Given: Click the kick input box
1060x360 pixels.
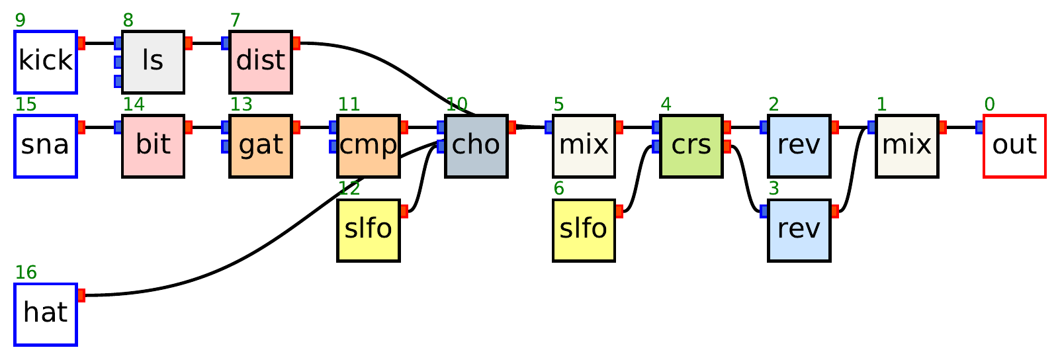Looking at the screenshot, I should click(x=46, y=62).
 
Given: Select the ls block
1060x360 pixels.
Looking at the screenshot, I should click(x=153, y=62).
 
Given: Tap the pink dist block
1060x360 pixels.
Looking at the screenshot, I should click(x=261, y=62).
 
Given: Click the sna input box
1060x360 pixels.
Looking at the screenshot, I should click(x=46, y=146).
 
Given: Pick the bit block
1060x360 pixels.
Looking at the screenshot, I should click(x=153, y=146).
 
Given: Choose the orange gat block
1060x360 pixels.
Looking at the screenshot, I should click(x=261, y=146).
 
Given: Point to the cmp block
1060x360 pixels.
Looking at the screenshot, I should click(x=369, y=146).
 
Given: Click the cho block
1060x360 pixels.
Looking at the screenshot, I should click(x=476, y=146).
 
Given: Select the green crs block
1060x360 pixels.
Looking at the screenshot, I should click(x=691, y=146).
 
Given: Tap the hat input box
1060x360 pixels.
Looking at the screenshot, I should click(x=46, y=314).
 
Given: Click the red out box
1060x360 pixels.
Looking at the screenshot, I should click(x=1014, y=146).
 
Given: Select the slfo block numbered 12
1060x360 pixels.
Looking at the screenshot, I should click(x=369, y=230).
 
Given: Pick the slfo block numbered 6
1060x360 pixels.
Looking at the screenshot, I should click(x=584, y=230).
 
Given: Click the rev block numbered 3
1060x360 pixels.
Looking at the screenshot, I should click(x=799, y=230).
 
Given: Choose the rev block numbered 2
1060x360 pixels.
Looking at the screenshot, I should click(x=799, y=146).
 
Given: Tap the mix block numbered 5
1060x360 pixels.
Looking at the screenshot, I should click(x=584, y=146).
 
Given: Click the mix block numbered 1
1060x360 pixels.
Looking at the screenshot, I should click(x=906, y=146).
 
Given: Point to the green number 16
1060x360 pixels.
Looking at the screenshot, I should click(x=26, y=273).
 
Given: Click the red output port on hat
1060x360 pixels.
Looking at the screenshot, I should click(x=81, y=295).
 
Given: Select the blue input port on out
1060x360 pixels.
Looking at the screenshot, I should click(x=979, y=127).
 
